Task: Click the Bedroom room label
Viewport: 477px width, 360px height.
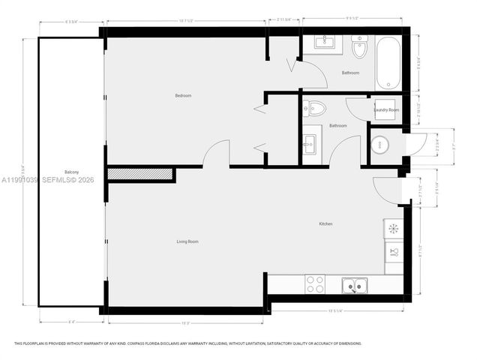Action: (183, 95)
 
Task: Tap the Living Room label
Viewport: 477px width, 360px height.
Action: (187, 241)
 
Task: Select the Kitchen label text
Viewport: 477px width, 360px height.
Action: (325, 224)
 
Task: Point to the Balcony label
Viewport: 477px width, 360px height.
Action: (71, 170)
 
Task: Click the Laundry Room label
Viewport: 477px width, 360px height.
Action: (387, 110)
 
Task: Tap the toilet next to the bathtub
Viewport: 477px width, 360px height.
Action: (360, 49)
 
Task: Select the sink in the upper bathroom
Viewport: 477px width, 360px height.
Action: (324, 41)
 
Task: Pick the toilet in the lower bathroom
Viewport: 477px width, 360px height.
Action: (313, 108)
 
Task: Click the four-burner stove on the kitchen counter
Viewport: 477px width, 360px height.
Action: (316, 284)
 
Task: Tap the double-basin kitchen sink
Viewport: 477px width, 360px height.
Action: (354, 284)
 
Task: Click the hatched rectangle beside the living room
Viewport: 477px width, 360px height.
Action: (141, 175)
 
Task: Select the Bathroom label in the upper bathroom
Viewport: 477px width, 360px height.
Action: (350, 73)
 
